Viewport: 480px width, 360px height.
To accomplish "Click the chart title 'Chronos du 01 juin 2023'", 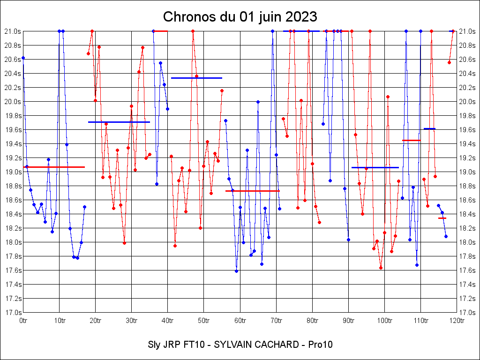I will (x=240, y=17).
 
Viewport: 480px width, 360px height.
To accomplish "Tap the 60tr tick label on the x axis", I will (x=240, y=321).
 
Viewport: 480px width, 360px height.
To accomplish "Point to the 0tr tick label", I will (x=23, y=321).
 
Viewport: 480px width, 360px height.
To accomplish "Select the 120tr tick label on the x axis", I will (x=457, y=321).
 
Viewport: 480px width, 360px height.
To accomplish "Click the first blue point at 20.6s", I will (x=23, y=58).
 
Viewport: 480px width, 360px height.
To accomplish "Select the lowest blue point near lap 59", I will (x=236, y=271).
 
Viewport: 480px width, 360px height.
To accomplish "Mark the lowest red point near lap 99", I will (x=381, y=268).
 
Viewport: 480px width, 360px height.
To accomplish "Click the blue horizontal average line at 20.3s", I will (x=196, y=78).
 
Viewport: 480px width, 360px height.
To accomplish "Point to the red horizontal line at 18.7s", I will (x=253, y=191).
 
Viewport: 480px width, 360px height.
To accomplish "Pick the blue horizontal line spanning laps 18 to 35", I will (x=119, y=122).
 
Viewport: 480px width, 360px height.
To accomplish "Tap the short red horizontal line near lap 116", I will (x=442, y=218).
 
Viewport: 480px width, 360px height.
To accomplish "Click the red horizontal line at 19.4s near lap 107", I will (x=411, y=140).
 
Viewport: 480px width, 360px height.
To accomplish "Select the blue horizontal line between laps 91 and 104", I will (x=375, y=167).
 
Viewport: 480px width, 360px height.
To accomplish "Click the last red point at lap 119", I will (x=453, y=31).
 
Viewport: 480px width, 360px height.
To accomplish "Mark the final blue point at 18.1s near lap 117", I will (x=446, y=236).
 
